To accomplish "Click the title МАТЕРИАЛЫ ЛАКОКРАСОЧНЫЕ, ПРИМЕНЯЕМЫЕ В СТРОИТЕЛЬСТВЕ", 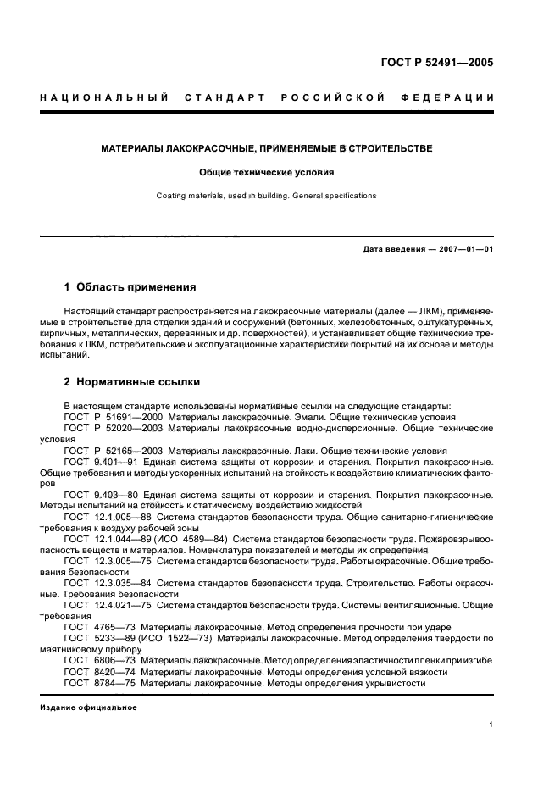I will click(267, 148).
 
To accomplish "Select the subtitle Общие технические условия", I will click(267, 172).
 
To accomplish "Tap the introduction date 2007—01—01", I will click(463, 249).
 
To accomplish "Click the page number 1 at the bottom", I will click(491, 724).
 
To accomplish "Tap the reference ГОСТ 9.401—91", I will click(101, 462).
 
